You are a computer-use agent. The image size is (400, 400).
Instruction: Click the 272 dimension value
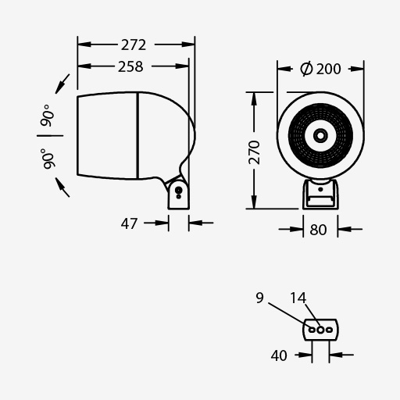[134, 45]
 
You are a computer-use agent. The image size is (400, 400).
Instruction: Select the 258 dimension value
[130, 66]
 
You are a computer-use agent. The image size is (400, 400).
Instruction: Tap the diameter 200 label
[320, 69]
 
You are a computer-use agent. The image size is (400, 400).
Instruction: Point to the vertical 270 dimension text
[255, 152]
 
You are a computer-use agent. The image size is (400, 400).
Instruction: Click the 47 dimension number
[129, 223]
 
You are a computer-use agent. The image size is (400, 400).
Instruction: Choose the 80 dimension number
[318, 230]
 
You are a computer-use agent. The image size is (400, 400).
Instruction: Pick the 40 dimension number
[279, 355]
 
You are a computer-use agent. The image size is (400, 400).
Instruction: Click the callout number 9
[259, 298]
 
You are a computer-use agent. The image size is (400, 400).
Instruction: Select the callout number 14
[298, 298]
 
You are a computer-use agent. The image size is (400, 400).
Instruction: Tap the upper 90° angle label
[48, 116]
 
